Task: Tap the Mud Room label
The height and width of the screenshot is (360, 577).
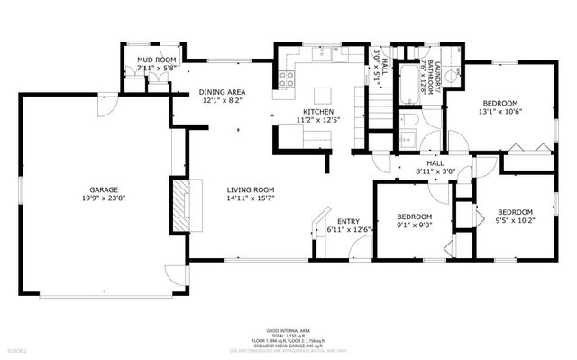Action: point(155,60)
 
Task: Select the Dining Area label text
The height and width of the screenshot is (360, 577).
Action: point(223,91)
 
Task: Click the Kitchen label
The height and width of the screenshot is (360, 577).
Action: point(317,113)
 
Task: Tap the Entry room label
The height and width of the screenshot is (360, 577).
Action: point(348,221)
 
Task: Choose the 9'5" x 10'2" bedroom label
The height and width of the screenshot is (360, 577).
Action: point(516,213)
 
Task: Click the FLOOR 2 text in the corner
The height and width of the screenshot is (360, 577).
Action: point(17,349)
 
